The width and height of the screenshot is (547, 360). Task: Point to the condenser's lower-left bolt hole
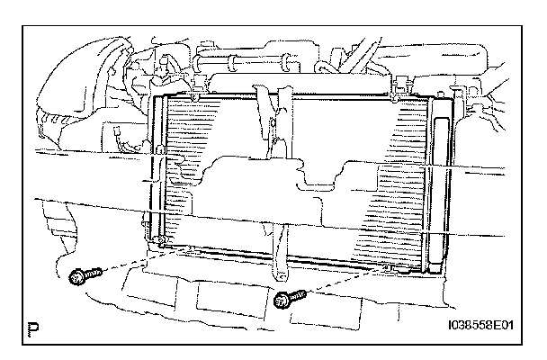click(x=159, y=242)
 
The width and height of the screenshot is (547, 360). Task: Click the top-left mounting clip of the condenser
click(x=195, y=92)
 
